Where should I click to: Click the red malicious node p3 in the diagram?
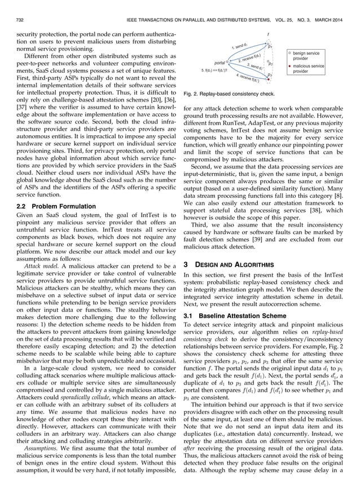click(x=269, y=73)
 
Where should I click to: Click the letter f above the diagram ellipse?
click(x=268, y=33)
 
